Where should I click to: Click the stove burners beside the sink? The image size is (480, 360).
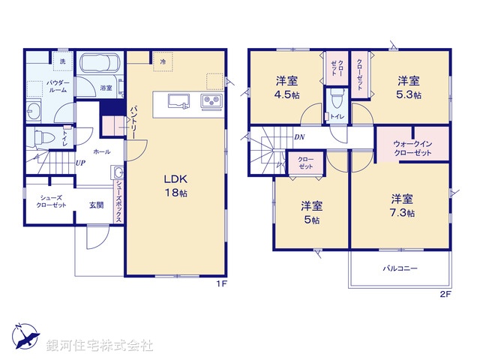[208, 102]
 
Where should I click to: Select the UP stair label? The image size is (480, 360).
[79, 162]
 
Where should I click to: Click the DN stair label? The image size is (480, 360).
[299, 137]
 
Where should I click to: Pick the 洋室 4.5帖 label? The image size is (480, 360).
[285, 87]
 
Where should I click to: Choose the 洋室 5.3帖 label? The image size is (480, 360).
[409, 87]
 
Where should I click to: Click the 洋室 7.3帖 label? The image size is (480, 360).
[401, 205]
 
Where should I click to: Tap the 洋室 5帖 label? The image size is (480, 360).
[311, 212]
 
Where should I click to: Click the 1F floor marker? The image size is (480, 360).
[221, 283]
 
